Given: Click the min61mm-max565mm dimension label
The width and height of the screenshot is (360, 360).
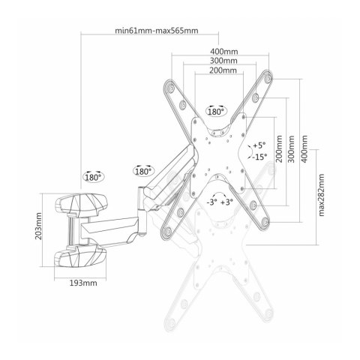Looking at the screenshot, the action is (157, 31).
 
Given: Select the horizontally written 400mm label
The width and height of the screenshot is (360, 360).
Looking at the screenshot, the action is (224, 52).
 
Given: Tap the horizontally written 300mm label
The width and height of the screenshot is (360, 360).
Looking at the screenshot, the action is (223, 61).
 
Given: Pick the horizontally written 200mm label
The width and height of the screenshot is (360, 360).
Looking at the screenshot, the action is (223, 70).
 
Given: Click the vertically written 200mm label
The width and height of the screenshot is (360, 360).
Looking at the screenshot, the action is (279, 149).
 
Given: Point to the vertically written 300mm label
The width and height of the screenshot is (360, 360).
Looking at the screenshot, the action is (292, 149).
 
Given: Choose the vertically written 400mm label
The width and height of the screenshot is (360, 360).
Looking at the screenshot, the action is (304, 149).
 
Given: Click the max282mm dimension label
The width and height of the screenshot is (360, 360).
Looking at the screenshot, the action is (321, 195).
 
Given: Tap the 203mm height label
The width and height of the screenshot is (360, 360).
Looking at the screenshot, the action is (38, 226).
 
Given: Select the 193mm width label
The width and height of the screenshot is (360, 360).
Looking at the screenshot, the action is (83, 283).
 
